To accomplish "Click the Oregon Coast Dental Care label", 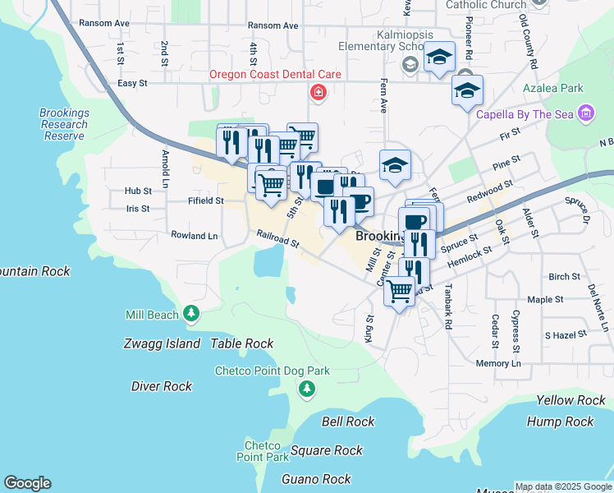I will coord(275,74).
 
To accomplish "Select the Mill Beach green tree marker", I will coord(191,314).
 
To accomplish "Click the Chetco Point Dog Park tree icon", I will coord(307,388).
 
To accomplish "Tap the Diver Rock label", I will coord(162,386).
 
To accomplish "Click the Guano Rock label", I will coord(316,479).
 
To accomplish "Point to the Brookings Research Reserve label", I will coord(64,125).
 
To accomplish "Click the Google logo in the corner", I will coord(27,483).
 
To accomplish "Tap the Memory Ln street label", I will coord(498,363).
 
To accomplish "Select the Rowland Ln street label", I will coord(195,236).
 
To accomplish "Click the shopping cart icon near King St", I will coord(400,290).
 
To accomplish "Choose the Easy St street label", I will coord(132,83).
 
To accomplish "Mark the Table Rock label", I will coord(242,344).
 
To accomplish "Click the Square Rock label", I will coord(327,450).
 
